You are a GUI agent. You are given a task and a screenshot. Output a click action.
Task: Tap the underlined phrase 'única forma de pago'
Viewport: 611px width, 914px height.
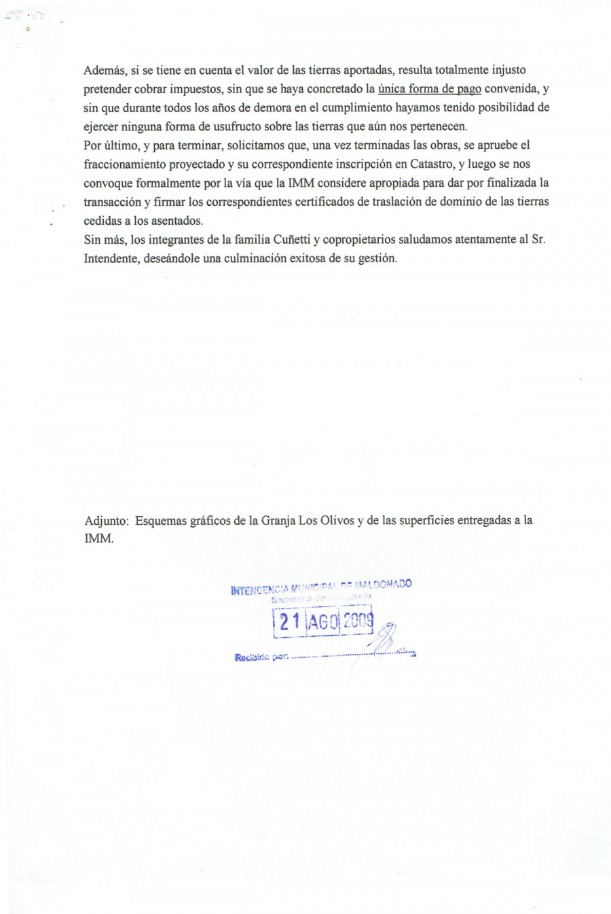coord(430,89)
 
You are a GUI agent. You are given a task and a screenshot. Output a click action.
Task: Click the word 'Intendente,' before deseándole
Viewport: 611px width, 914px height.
coord(111,259)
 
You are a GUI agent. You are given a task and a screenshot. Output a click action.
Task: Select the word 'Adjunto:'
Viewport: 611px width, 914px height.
coord(107,521)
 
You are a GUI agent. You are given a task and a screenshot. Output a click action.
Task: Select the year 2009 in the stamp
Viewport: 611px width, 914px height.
coord(357,621)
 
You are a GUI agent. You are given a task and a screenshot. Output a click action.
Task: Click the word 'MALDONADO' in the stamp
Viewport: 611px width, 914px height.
coord(383,583)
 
